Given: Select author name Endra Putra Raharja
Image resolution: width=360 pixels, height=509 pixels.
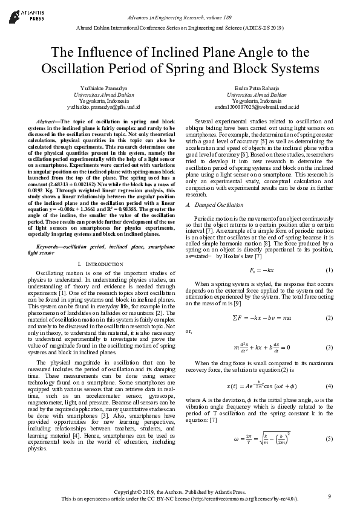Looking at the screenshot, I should [x=257, y=88].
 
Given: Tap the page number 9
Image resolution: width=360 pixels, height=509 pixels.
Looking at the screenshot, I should [x=329, y=497].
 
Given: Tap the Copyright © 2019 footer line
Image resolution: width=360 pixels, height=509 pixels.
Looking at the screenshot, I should [x=180, y=493].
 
